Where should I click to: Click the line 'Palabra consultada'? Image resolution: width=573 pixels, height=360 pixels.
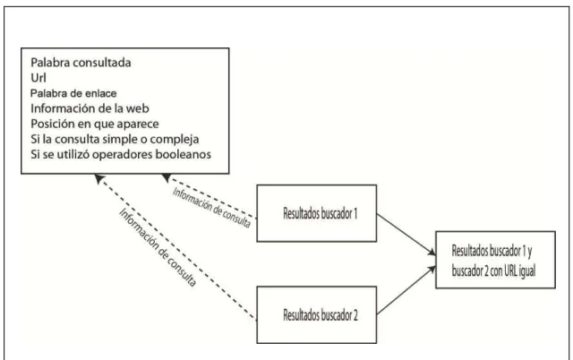coord(81,63)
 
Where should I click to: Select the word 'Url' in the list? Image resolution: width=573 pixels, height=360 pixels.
coord(38,78)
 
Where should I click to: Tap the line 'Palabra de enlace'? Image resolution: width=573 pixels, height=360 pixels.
coord(73,93)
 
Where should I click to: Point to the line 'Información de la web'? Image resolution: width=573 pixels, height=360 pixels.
coord(90,108)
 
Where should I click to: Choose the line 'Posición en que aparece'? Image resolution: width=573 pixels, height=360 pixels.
coord(95,124)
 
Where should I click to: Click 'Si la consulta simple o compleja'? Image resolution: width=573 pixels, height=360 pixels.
coord(115,139)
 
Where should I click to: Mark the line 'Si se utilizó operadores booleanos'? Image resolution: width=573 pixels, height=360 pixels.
coord(121,154)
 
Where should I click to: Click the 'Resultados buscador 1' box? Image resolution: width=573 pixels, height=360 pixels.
coord(317,213)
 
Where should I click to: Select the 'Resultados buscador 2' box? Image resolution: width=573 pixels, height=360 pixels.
coord(317,315)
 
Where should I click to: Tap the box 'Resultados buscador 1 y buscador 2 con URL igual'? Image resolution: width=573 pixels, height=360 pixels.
coord(495,260)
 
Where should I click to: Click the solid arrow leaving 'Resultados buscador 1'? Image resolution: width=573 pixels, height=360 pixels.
coord(406,235)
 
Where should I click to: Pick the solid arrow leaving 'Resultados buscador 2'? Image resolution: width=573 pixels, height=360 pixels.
coord(406,290)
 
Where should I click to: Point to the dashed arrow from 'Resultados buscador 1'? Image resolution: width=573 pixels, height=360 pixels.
coord(209,196)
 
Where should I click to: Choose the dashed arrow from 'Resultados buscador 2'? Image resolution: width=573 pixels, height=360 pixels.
coord(175,247)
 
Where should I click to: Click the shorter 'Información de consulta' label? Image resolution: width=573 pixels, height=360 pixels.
coord(211,208)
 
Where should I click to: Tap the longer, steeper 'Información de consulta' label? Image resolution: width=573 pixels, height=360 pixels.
coord(158,247)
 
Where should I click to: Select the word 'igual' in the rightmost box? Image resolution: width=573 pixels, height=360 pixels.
coord(527,270)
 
